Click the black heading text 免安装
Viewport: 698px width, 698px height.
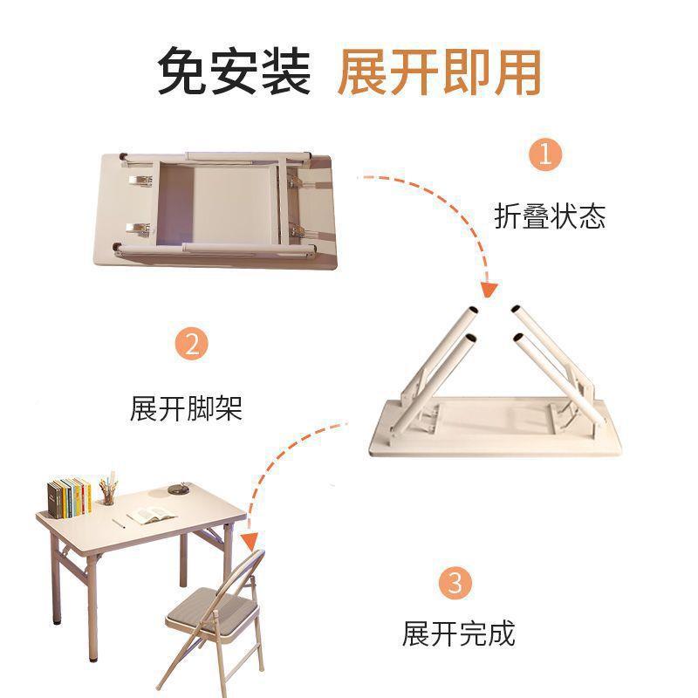coord(234,71)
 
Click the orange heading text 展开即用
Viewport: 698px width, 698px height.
coord(439,71)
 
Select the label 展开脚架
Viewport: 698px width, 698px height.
coord(186,407)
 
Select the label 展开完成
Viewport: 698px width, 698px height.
coord(458,633)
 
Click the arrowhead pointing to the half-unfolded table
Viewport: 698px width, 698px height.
coord(489,289)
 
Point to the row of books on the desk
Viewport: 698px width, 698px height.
coord(69,496)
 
